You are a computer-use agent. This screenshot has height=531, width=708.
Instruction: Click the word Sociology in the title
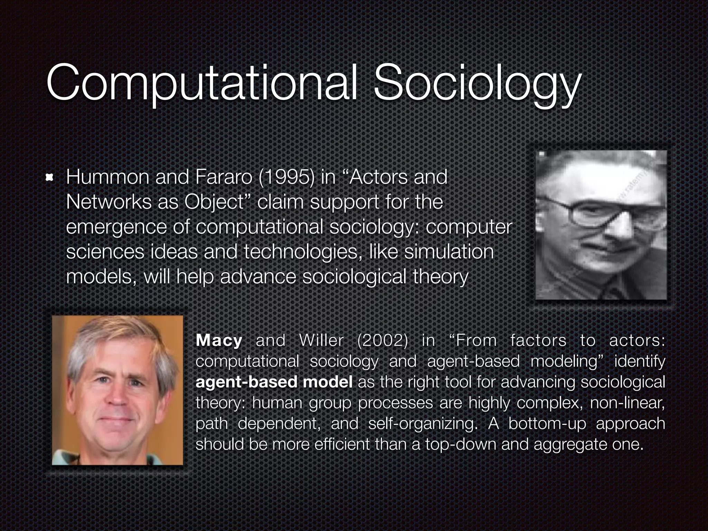click(x=476, y=84)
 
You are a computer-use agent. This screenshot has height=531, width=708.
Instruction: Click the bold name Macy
click(x=219, y=341)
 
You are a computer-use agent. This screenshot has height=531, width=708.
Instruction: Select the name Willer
click(x=321, y=341)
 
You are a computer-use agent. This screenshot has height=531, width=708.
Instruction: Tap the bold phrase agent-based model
click(x=274, y=382)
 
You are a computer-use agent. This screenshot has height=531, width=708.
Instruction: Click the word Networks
click(x=109, y=202)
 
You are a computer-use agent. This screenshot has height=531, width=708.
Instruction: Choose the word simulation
click(x=449, y=252)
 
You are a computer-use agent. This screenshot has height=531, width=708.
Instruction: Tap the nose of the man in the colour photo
click(x=116, y=396)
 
